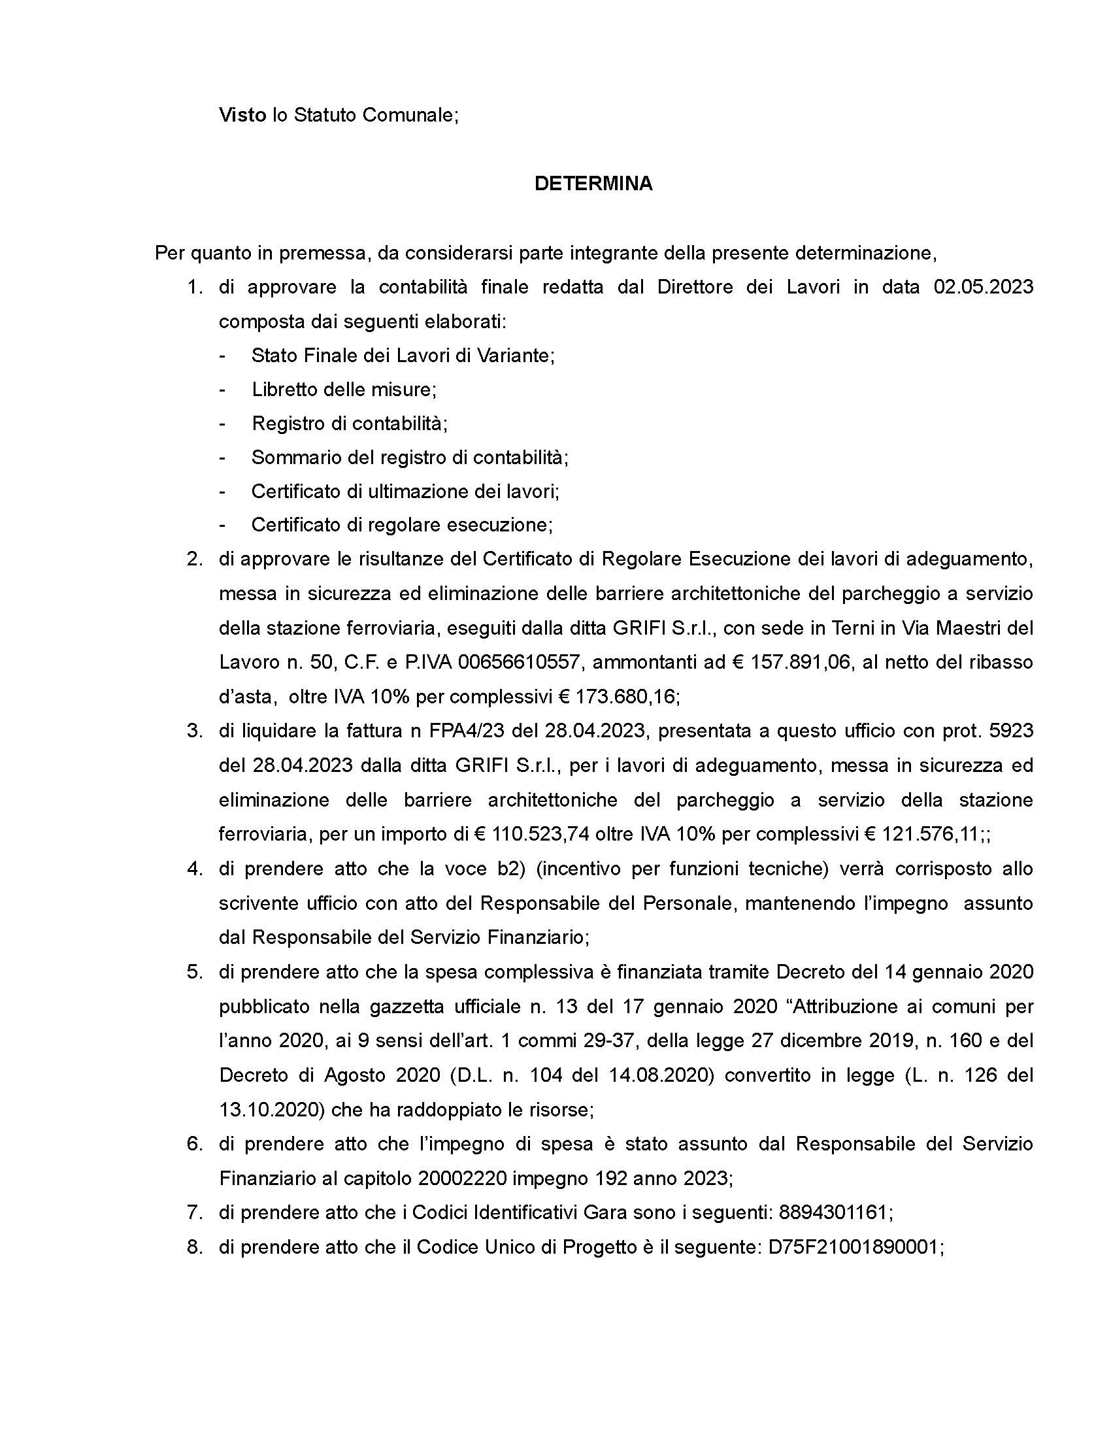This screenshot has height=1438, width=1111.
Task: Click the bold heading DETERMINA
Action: click(593, 184)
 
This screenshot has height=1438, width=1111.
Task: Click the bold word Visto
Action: click(242, 115)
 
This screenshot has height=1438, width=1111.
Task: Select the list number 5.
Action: click(195, 972)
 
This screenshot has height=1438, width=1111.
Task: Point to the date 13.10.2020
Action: click(271, 1109)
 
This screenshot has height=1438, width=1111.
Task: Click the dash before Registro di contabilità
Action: click(223, 424)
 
